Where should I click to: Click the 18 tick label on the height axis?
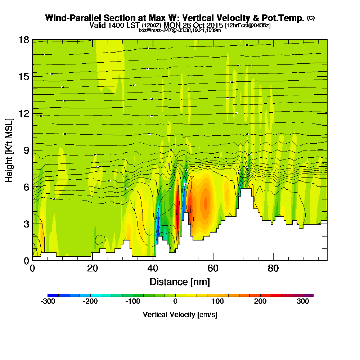[x=24, y=40]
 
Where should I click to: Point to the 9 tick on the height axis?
[x=32, y=150]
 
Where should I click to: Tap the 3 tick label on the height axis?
[x=26, y=224]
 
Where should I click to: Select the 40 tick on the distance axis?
[x=153, y=260]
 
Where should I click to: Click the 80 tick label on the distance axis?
[x=274, y=268]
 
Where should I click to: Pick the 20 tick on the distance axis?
[x=93, y=260]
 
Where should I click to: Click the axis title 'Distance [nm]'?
[x=180, y=282]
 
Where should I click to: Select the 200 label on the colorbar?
[x=260, y=302]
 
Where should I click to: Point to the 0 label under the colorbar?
[x=175, y=302]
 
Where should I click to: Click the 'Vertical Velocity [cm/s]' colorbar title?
[x=180, y=315]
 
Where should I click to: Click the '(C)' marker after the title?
[x=311, y=18]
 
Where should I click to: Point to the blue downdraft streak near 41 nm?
[x=157, y=230]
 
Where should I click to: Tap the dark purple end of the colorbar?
[x=310, y=295]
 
